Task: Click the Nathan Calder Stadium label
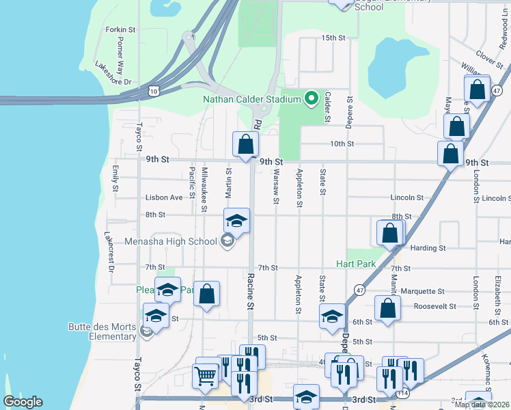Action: pos(251,100)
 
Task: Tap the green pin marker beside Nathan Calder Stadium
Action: pos(312,99)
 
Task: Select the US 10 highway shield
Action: pos(154,90)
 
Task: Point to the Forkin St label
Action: pos(121,30)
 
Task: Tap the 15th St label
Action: pos(333,38)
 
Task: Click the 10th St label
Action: pos(342,144)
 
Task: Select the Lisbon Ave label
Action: pos(164,197)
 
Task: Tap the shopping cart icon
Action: pos(206,376)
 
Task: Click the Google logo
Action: pos(23,402)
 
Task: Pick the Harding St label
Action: pos(428,248)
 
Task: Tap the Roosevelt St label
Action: pos(434,306)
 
